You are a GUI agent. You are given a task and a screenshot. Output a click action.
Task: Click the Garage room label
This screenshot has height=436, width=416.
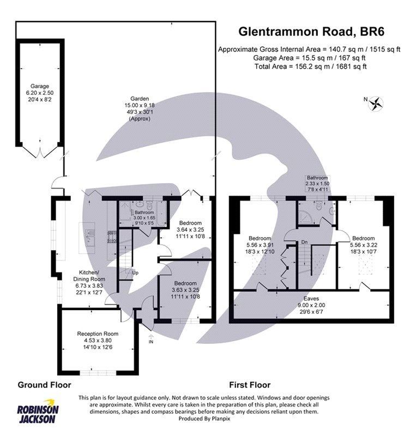click(40, 86)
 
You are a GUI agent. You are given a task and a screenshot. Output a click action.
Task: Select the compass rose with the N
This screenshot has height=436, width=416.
click(376, 102)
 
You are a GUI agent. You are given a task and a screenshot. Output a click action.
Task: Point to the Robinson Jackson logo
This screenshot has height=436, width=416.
click(38, 414)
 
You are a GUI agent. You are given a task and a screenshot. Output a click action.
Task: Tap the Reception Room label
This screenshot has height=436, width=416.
click(98, 333)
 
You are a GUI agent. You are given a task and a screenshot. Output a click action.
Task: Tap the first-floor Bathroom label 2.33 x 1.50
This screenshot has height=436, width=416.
click(317, 178)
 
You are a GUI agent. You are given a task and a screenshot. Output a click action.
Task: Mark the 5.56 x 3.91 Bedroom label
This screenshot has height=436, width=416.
click(260, 238)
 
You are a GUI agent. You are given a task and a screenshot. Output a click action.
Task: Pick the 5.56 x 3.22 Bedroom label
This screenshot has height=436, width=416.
click(363, 238)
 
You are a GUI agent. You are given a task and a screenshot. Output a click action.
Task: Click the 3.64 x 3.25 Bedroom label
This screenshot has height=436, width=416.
click(191, 223)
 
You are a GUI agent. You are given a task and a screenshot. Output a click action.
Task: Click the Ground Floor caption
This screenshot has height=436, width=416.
click(45, 385)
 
